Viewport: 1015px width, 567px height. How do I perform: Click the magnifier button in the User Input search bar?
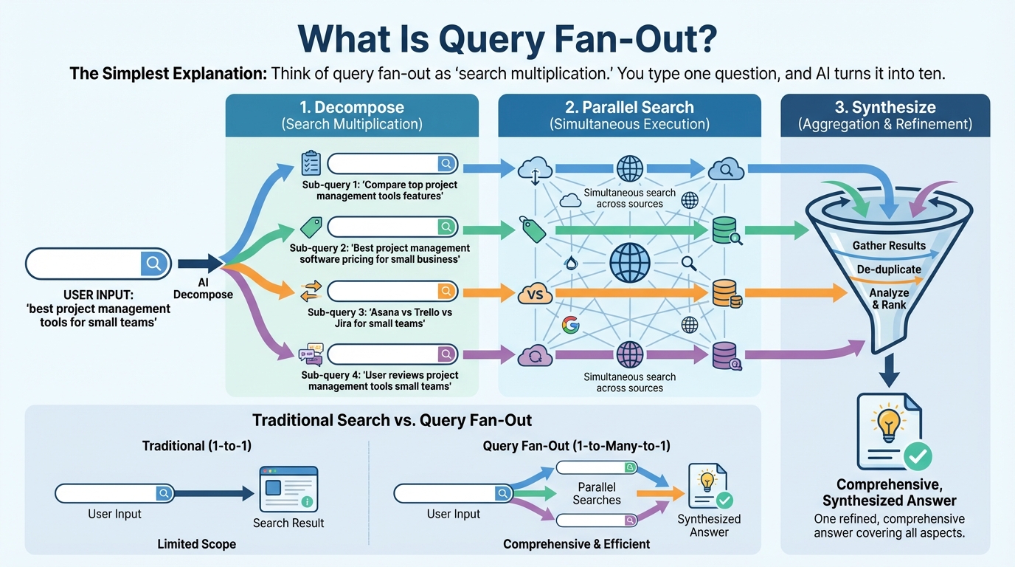153,263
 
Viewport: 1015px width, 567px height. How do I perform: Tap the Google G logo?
569,325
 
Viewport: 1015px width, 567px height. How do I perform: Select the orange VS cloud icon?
536,294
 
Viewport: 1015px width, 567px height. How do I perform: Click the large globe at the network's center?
630,262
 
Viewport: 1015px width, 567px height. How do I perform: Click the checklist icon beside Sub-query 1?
311,163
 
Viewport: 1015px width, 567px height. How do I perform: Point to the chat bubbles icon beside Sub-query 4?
311,356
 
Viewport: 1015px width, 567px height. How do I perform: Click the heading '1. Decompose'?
352,108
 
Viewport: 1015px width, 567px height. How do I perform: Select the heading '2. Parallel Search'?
629,108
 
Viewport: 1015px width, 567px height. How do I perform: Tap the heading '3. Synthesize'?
884,108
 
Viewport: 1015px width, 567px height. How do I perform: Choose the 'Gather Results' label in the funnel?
889,245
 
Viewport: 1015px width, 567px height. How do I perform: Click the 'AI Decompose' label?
203,289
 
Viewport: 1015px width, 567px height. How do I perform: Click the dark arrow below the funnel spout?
890,371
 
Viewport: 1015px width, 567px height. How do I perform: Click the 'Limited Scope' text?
197,544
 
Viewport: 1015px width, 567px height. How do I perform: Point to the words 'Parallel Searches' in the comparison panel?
597,493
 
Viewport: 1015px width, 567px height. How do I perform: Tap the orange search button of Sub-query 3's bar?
446,292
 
